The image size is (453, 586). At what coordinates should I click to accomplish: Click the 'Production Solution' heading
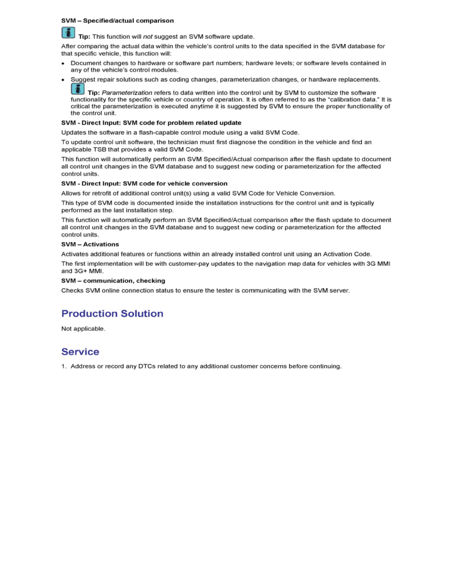pos(112,314)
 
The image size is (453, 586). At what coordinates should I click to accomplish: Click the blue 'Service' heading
pos(80,352)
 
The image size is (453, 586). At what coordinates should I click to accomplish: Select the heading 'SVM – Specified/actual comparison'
pos(117,21)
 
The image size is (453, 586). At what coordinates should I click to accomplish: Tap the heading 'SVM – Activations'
pos(90,244)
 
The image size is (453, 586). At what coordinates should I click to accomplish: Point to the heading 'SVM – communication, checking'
pos(113,281)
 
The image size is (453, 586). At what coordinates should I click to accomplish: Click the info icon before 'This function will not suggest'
pos(68,33)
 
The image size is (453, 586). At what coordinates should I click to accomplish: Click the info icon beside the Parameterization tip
pos(77,89)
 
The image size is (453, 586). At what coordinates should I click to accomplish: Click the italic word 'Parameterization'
pos(127,93)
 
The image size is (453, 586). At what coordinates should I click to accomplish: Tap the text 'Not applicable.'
pos(83,329)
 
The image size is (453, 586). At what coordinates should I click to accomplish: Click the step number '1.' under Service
pos(64,366)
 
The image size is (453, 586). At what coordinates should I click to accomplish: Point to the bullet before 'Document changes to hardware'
pos(64,64)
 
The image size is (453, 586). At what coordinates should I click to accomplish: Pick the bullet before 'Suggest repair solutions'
pos(64,79)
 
